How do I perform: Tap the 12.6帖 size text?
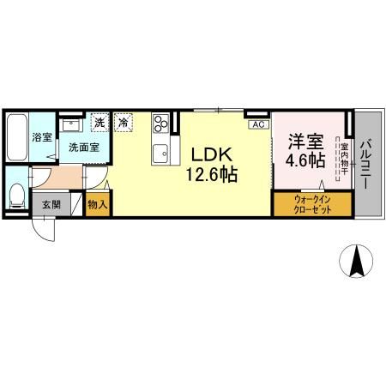[209, 174]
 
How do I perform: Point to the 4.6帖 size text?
[304, 160]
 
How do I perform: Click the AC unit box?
[256, 124]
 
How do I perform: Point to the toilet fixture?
[16, 194]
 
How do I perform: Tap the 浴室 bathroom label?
[41, 137]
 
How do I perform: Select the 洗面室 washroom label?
[84, 147]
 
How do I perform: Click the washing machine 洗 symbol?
[100, 123]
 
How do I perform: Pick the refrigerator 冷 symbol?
[125, 123]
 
